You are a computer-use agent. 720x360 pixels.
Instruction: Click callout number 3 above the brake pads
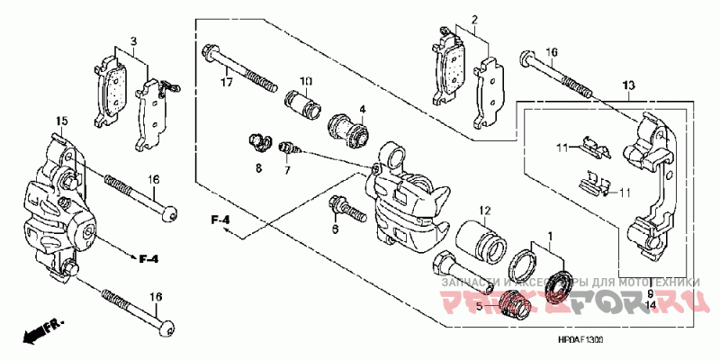(x=132, y=41)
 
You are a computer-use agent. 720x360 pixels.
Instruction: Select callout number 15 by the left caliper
(x=62, y=121)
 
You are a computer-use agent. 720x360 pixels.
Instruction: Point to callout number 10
(x=306, y=82)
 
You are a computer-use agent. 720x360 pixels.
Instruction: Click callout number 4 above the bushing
(x=362, y=110)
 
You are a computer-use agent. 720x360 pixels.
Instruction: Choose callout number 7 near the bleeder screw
(x=288, y=169)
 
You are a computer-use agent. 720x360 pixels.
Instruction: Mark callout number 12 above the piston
(x=483, y=212)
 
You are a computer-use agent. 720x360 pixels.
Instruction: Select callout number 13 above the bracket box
(x=628, y=85)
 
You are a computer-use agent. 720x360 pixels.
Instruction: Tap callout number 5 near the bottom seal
(x=480, y=306)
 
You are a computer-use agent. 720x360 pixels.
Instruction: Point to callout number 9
(x=650, y=294)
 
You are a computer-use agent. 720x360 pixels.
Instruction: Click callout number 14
(x=650, y=306)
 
